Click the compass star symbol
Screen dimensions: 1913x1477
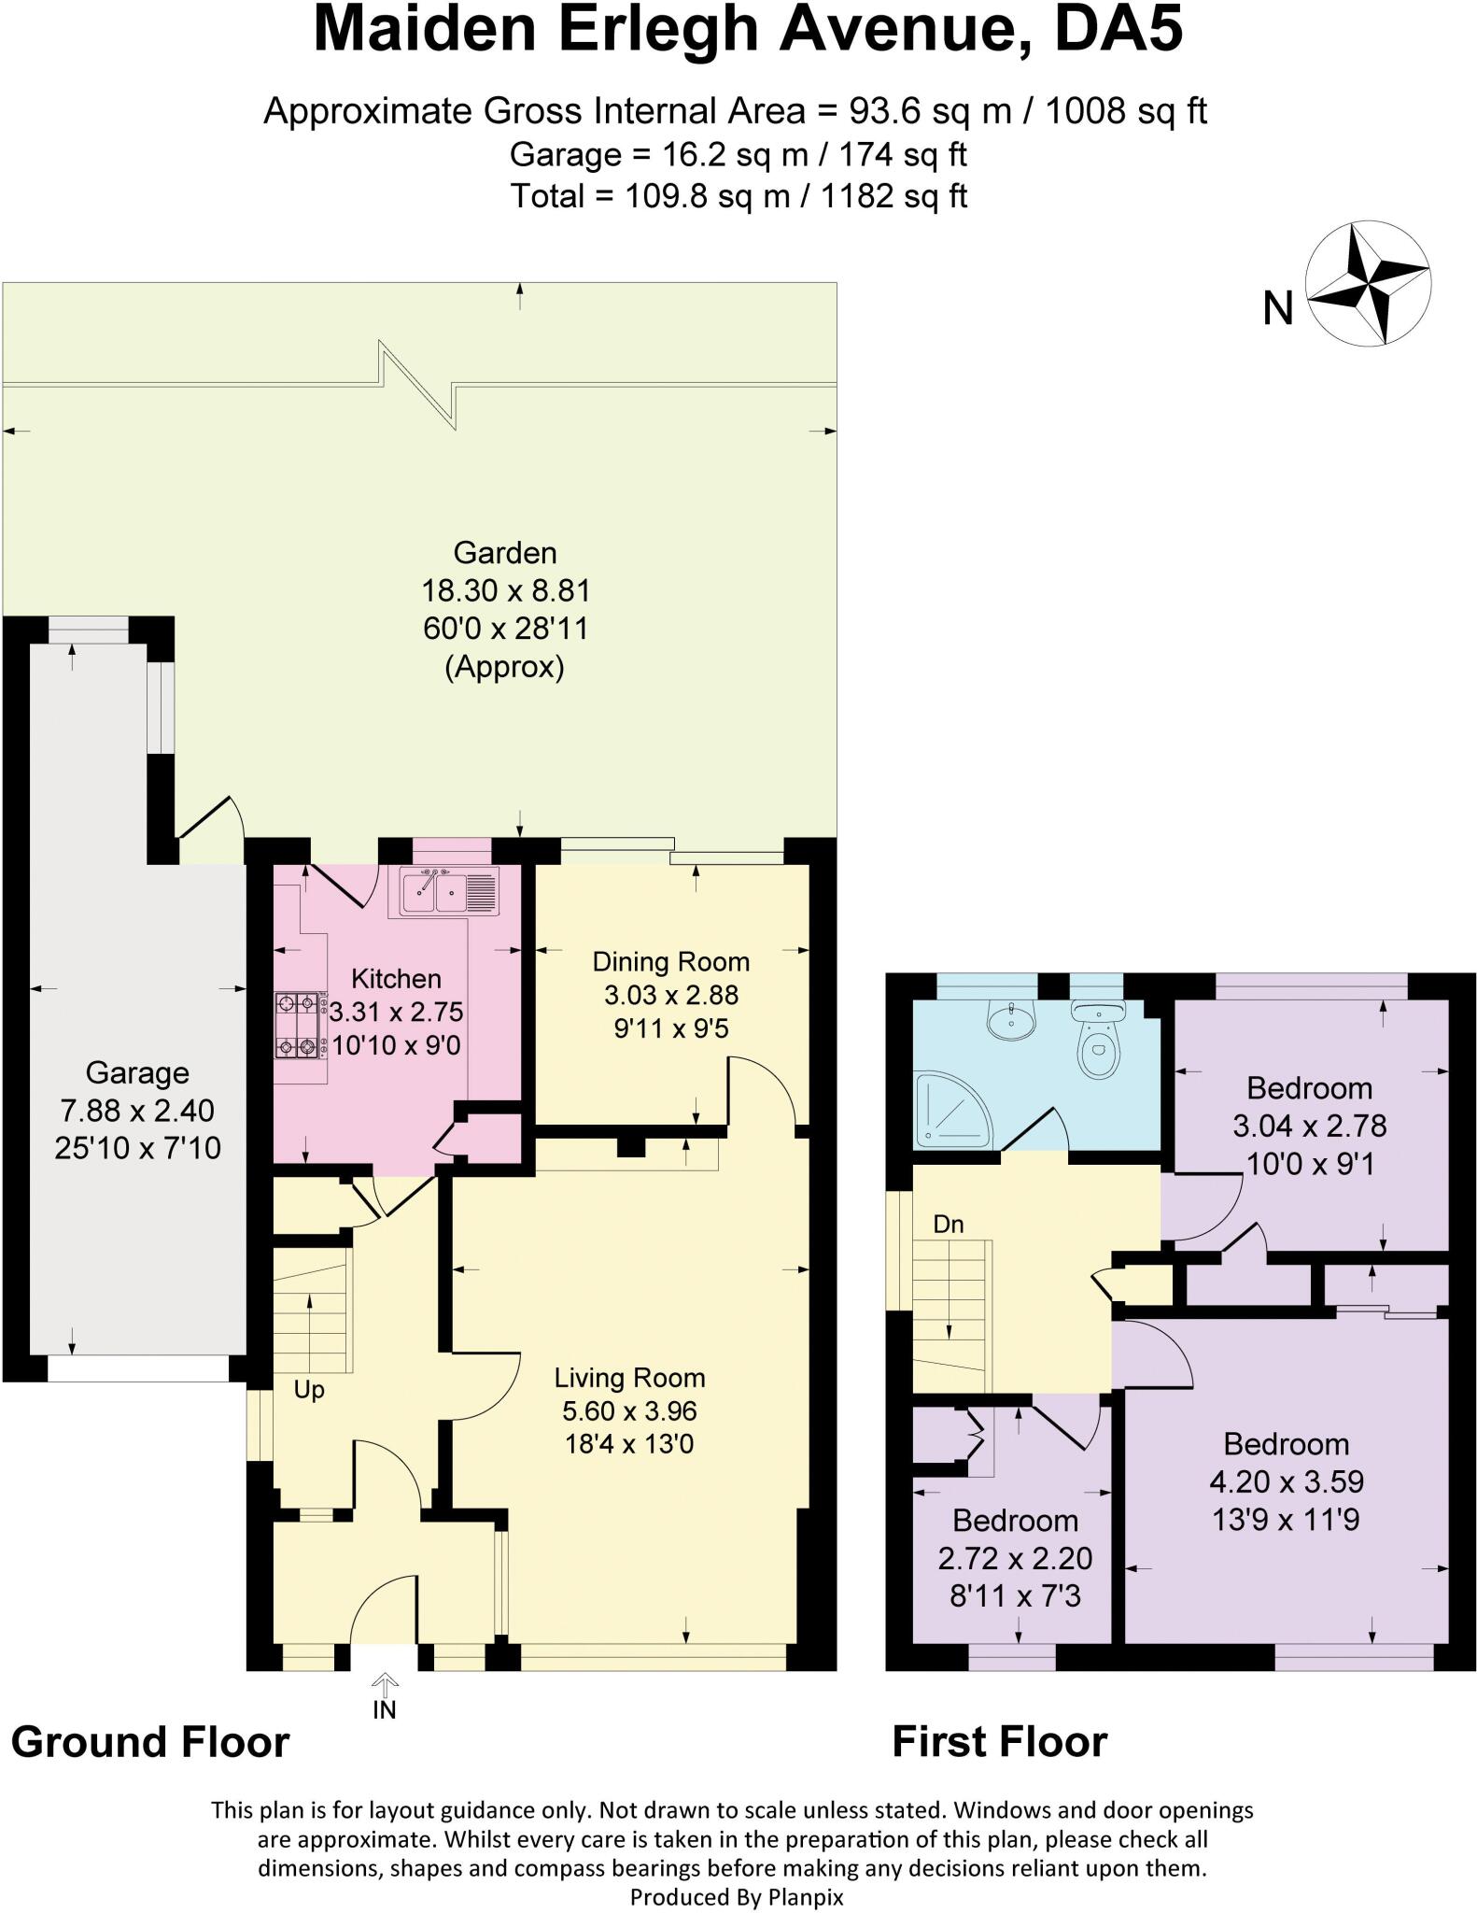click(1367, 283)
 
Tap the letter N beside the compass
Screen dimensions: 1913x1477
click(1278, 308)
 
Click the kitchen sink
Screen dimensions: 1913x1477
click(449, 891)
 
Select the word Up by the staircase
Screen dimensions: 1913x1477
click(309, 1390)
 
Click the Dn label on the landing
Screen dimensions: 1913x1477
click(948, 1224)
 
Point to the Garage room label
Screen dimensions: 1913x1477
click(137, 1072)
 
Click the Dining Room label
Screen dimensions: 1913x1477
click(670, 961)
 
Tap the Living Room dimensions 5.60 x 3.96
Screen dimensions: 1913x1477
click(629, 1410)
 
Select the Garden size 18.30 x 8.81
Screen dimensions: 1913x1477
click(505, 590)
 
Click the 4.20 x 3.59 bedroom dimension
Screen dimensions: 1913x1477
click(1287, 1481)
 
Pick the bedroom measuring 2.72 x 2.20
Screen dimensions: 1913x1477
click(1015, 1558)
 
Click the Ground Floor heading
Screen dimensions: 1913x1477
click(150, 1742)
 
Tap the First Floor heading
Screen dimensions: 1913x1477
click(999, 1742)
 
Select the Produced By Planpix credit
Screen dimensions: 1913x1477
click(737, 1897)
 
